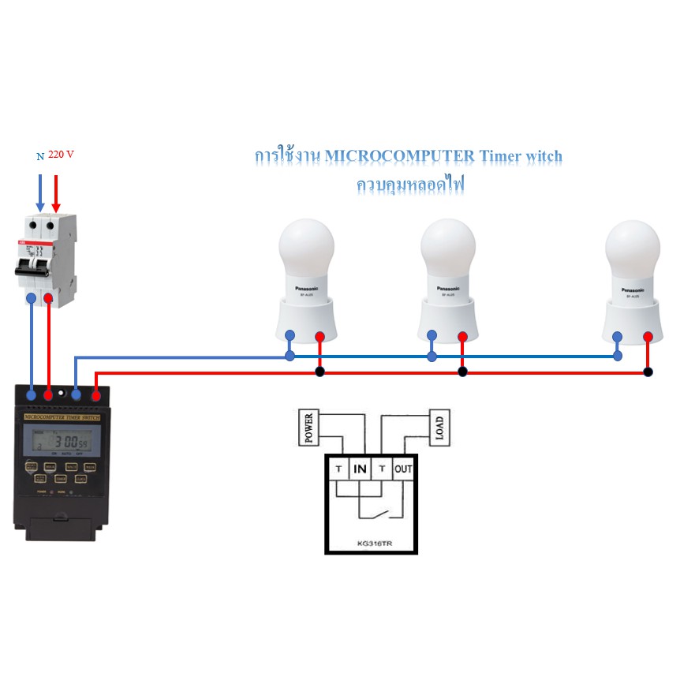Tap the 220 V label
tap(61, 155)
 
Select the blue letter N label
tap(40, 156)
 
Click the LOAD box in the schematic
tap(439, 428)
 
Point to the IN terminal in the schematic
tap(360, 469)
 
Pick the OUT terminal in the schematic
tap(403, 469)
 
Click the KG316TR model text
tap(371, 544)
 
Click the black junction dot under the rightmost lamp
tap(648, 372)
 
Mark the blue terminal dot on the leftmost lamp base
tap(290, 335)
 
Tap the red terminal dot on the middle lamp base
tap(462, 337)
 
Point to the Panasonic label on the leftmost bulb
tap(308, 289)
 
